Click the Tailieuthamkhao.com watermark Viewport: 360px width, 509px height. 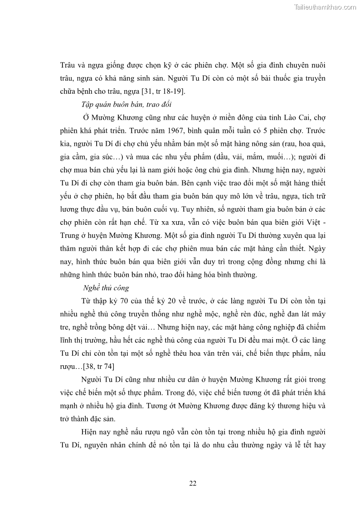pyautogui.click(x=325, y=7)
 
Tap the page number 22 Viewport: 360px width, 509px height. pyautogui.click(x=193, y=483)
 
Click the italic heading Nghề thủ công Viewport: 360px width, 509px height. pyautogui.click(x=107, y=288)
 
